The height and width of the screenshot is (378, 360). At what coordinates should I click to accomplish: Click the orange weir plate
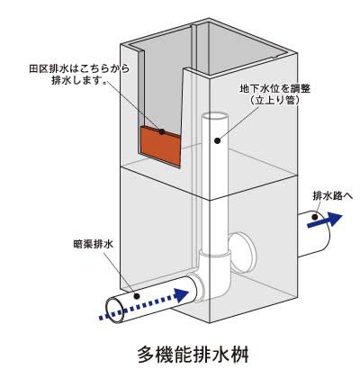point(160,146)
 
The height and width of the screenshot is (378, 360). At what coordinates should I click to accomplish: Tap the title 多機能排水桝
point(193,355)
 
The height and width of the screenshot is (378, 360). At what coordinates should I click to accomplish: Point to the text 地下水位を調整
point(274,89)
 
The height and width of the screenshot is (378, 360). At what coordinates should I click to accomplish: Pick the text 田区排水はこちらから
point(79,68)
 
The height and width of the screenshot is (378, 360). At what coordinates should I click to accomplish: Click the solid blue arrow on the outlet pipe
point(325,220)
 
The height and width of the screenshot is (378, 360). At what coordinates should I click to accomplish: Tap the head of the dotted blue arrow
point(181,295)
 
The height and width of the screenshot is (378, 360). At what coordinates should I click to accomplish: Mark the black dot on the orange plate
point(162,131)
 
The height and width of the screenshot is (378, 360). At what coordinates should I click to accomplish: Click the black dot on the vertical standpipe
point(218,140)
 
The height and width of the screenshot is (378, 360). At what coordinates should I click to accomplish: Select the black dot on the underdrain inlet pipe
point(137,296)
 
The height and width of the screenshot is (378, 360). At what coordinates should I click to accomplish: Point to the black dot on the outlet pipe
point(315,217)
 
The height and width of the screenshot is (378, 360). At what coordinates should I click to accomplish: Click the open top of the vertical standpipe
point(215,116)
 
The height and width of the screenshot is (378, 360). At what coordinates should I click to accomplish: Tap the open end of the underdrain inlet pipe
point(114,310)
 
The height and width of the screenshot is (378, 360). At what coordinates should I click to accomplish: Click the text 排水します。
point(79,80)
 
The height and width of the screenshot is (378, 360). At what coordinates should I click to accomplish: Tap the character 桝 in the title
point(239,355)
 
